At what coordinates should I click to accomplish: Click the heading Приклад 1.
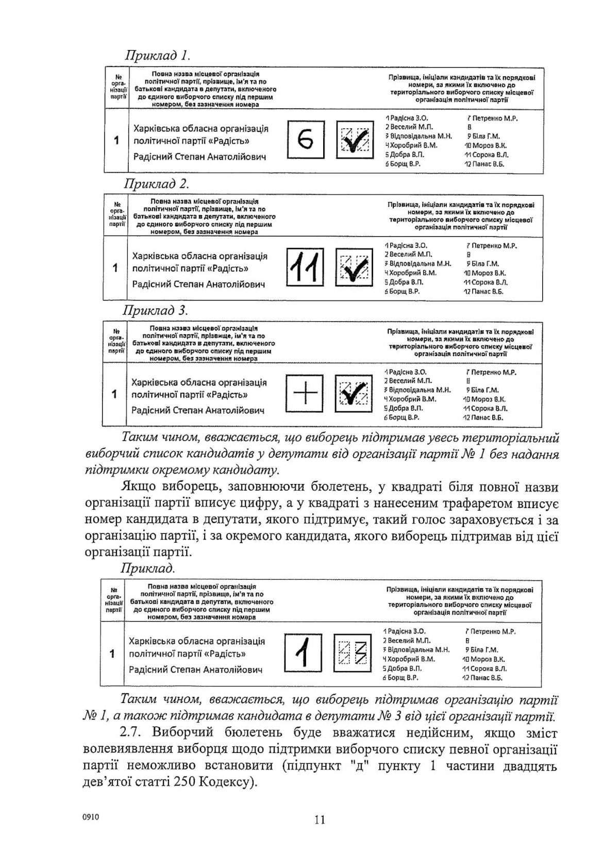pyautogui.click(x=157, y=55)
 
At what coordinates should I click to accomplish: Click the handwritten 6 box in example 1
pyautogui.click(x=306, y=139)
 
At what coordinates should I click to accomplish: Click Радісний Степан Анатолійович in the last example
pyautogui.click(x=195, y=670)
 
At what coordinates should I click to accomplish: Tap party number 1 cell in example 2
pyautogui.click(x=115, y=267)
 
